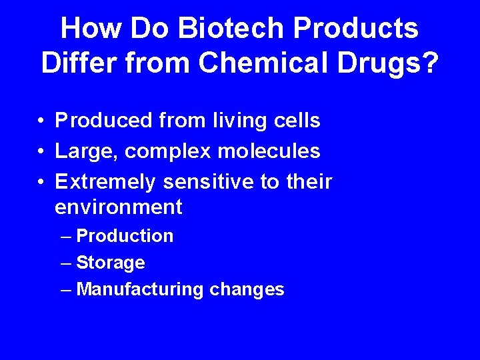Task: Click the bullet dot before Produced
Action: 41,121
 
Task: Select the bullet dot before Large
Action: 41,152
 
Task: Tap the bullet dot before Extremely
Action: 41,182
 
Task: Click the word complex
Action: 164,152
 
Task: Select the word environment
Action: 118,207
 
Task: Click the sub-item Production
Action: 125,236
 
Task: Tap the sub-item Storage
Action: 111,263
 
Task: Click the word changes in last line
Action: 247,289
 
